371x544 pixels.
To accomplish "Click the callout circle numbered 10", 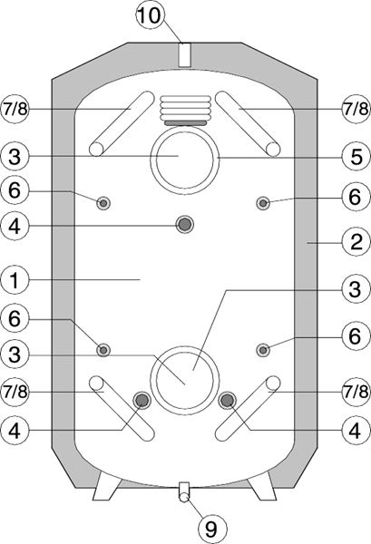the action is click(150, 15).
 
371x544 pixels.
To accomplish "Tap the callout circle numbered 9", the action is click(212, 529).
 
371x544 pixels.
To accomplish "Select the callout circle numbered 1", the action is click(15, 280).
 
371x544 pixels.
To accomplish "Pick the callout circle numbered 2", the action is click(356, 242).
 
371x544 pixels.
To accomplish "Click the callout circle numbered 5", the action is click(356, 156).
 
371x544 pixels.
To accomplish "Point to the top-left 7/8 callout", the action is click(15, 109).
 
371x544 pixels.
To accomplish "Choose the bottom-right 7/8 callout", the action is click(356, 392).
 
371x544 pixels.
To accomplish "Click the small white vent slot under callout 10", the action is click(184, 54).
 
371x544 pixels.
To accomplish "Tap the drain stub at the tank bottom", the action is click(184, 492).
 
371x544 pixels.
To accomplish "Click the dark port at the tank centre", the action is click(184, 225).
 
